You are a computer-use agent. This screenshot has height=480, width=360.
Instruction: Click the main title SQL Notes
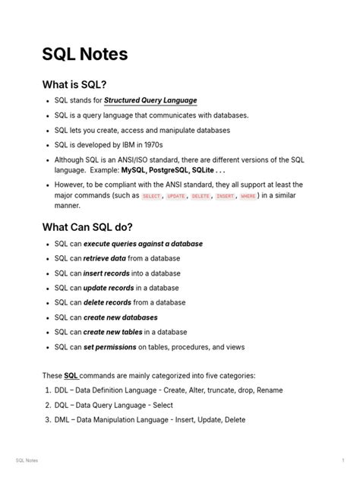point(84,55)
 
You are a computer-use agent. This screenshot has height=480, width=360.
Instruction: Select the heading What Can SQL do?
point(87,227)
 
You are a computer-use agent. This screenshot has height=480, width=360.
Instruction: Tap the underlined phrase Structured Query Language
point(150,100)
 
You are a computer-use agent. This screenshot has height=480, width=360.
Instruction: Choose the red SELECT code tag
point(152,196)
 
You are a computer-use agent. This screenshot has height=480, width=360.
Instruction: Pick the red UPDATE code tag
point(175,196)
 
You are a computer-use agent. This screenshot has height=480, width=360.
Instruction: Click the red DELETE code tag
point(201,196)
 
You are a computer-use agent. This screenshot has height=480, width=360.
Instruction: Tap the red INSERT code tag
point(225,196)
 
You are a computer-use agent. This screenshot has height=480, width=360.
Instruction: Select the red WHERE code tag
point(248,196)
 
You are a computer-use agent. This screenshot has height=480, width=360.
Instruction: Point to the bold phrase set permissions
point(109,347)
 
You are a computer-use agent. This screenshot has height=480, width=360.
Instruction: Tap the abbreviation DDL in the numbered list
point(63,390)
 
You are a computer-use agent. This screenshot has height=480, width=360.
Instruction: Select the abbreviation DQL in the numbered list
point(63,405)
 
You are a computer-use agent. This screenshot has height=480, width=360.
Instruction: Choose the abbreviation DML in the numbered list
point(63,420)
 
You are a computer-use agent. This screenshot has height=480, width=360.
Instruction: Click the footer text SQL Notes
point(27,461)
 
